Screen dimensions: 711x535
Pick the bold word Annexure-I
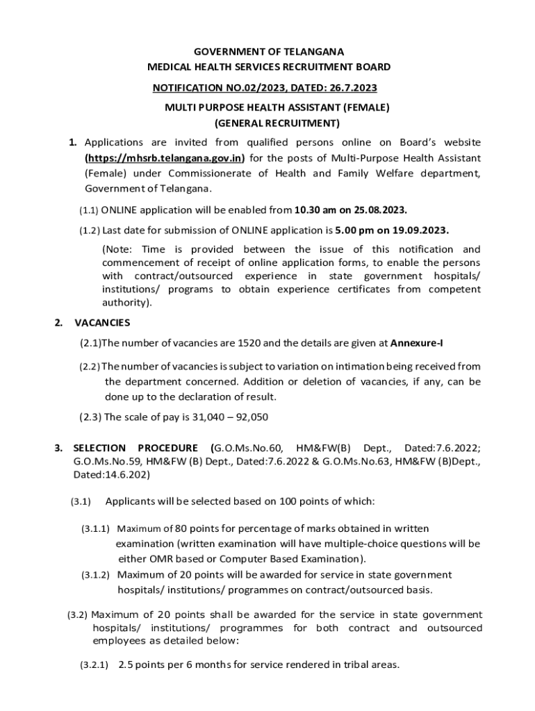[x=415, y=343]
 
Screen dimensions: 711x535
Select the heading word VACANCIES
[x=102, y=323]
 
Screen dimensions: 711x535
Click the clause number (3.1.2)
[x=96, y=575]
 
